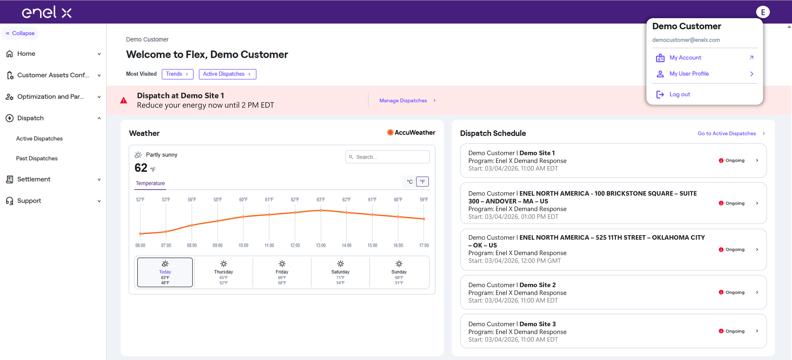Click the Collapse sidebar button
coord(20,33)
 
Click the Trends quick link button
coord(177,74)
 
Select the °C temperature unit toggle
coord(409,182)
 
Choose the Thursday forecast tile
coord(224,272)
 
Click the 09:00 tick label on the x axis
coord(217,245)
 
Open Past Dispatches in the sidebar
coord(37,158)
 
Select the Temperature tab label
coord(150,183)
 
